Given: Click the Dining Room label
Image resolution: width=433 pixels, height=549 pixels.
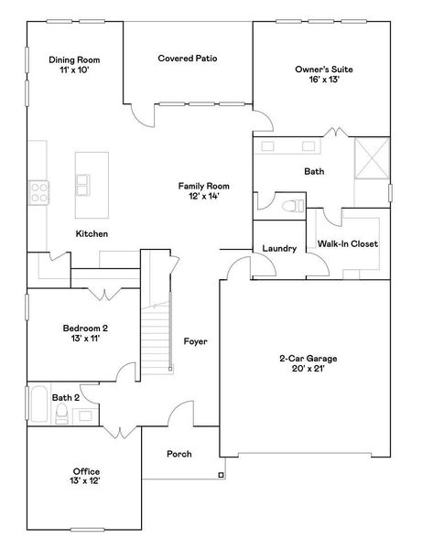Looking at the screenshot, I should (74, 65).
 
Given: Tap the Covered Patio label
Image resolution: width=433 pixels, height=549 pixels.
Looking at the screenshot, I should (187, 59).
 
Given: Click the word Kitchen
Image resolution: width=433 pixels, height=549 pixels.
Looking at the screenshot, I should (92, 234).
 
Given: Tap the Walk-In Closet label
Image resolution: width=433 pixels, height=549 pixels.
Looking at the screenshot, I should (347, 244).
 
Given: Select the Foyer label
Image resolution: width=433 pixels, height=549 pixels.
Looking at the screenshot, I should (195, 341).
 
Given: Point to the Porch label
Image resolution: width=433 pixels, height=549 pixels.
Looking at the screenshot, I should (179, 454).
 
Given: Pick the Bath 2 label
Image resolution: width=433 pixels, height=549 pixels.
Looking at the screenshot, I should (67, 397).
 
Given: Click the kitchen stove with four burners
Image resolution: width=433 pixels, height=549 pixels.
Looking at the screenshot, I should (40, 191).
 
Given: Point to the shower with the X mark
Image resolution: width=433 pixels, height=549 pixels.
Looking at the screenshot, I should (372, 158).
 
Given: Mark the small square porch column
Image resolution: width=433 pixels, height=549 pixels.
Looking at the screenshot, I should (221, 474).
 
